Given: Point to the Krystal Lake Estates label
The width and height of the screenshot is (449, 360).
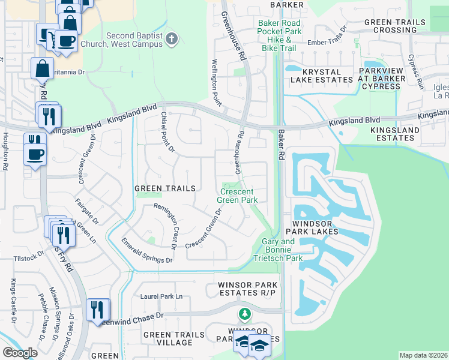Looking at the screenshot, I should click(315, 76).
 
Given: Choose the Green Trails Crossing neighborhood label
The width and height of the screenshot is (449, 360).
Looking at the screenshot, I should click(394, 26).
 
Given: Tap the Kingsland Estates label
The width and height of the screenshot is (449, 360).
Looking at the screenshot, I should click(393, 134).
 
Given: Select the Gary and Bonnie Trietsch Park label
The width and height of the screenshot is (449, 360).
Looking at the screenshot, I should click(279, 250).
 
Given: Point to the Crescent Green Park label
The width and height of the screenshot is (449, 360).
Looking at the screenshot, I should click(237, 196).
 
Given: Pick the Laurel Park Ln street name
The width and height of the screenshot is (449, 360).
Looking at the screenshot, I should click(161, 296).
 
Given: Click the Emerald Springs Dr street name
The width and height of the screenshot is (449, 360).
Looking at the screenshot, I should click(146, 251).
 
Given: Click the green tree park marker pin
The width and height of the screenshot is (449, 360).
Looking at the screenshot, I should click(244, 314).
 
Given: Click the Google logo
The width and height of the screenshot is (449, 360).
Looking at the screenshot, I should click(20, 353).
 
